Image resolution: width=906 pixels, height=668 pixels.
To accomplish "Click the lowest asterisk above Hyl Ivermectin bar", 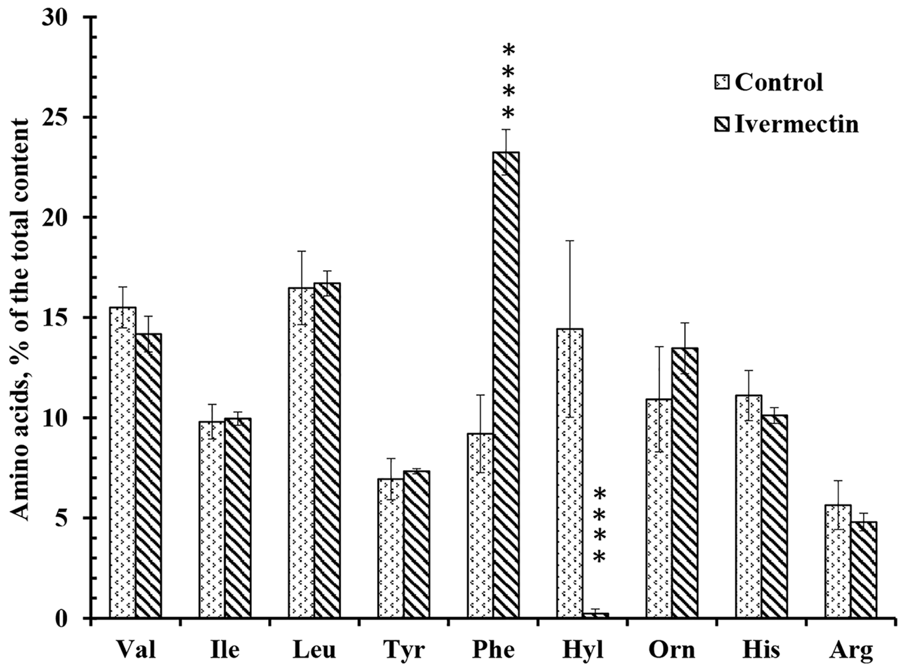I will pyautogui.click(x=599, y=558).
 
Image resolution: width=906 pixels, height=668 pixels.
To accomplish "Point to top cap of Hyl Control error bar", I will pyautogui.click(x=570, y=241).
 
